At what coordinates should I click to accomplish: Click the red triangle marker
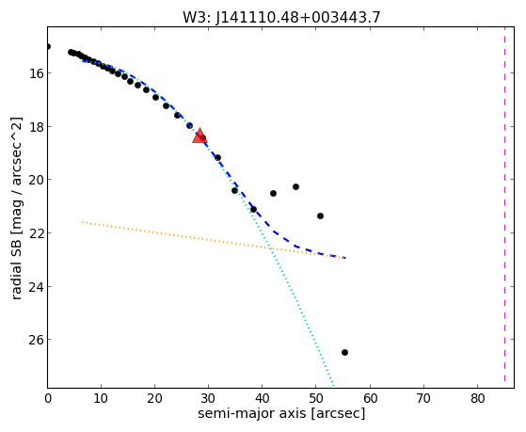pyautogui.click(x=199, y=136)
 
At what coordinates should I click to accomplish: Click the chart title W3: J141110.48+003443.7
pyautogui.click(x=281, y=17)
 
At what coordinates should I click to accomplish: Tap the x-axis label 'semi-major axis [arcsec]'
pyautogui.click(x=281, y=413)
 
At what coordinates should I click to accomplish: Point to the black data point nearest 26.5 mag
pyautogui.click(x=344, y=352)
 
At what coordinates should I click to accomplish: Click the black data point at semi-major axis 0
pyautogui.click(x=48, y=47)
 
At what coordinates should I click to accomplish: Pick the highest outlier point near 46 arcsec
pyautogui.click(x=295, y=186)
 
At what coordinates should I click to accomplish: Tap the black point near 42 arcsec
pyautogui.click(x=273, y=193)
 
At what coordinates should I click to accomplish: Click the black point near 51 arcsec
pyautogui.click(x=320, y=216)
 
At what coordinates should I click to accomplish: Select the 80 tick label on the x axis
pyautogui.click(x=478, y=398)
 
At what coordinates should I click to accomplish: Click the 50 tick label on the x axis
pyautogui.click(x=316, y=398)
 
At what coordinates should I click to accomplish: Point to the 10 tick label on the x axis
pyautogui.click(x=101, y=398)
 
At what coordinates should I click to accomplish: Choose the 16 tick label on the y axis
pyautogui.click(x=35, y=73)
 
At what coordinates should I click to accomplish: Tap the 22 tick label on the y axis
pyautogui.click(x=35, y=233)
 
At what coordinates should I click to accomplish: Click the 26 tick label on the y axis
pyautogui.click(x=35, y=340)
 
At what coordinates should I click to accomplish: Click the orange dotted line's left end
pyautogui.click(x=83, y=222)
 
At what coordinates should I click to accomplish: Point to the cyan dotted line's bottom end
pyautogui.click(x=334, y=386)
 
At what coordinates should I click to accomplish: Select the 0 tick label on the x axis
pyautogui.click(x=48, y=398)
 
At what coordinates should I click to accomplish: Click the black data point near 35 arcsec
pyautogui.click(x=234, y=191)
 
